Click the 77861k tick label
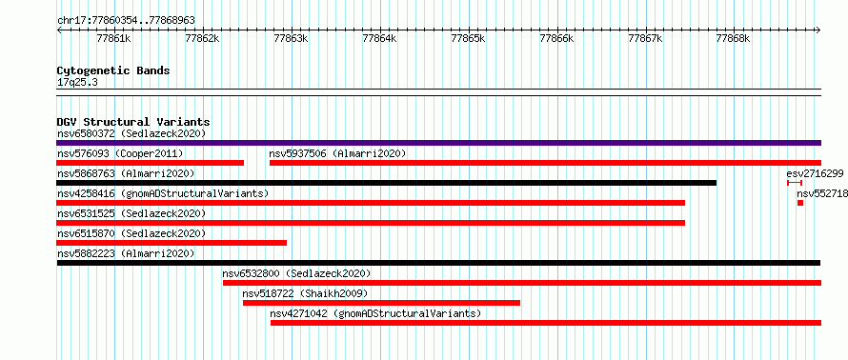[x=113, y=38]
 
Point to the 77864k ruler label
[x=379, y=38]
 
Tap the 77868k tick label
[x=733, y=38]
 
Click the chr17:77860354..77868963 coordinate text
[x=126, y=21]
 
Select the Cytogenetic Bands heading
[x=113, y=70]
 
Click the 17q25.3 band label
[x=77, y=83]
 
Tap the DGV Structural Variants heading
[x=133, y=122]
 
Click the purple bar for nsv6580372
[x=438, y=143]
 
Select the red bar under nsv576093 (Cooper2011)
[x=150, y=163]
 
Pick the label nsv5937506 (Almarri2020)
[x=337, y=153]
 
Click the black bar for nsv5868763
[x=386, y=183]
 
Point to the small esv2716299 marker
[x=795, y=183]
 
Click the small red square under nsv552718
[x=800, y=203]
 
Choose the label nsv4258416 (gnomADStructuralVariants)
[x=163, y=193]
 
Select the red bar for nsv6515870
[x=172, y=243]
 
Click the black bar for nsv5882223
[x=438, y=263]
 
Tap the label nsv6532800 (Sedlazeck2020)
[x=297, y=273]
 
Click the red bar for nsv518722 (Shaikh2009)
[x=381, y=303]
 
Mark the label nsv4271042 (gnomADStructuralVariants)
[x=375, y=313]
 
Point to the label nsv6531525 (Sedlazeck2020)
[x=131, y=213]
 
